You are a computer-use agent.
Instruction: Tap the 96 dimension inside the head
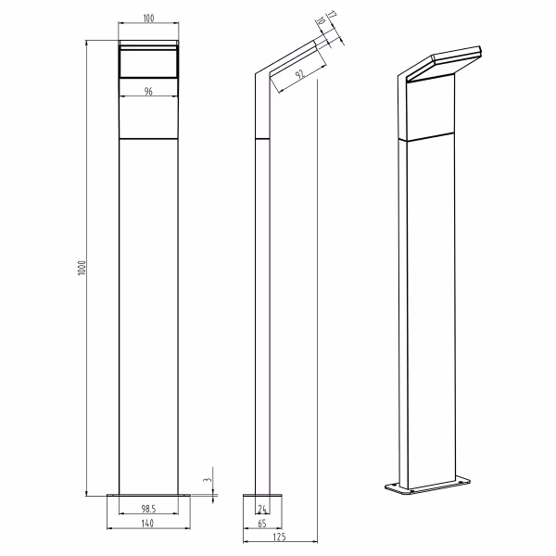[x=148, y=91]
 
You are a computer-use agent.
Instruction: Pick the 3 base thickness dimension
[x=209, y=480]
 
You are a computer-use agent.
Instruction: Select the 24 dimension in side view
[x=262, y=509]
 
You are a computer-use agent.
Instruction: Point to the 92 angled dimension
[x=299, y=75]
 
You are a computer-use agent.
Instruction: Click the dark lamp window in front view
[x=148, y=65]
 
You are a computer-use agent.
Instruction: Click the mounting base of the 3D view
[x=425, y=486]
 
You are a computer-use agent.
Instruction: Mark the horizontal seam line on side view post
[x=262, y=139]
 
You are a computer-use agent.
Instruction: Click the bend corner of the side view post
[x=262, y=73]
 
